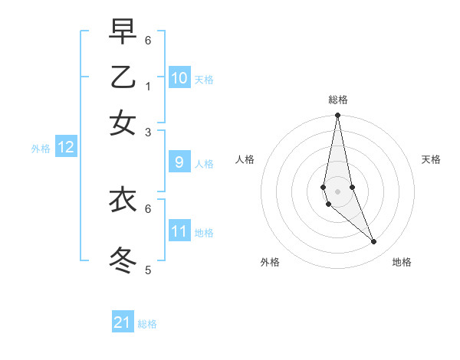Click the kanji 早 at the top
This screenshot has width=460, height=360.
123,32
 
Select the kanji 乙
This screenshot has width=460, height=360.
123,77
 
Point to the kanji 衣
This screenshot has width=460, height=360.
123,200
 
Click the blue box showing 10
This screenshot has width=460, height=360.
179,77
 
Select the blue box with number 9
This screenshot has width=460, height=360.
179,162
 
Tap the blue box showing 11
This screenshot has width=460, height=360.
179,231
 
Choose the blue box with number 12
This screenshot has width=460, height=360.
66,148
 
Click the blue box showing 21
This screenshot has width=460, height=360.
123,322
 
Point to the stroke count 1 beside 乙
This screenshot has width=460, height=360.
148,86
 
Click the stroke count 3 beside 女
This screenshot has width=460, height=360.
148,132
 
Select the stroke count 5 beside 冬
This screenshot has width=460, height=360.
148,270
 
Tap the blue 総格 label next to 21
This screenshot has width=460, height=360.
147,324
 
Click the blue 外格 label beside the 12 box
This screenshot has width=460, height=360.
41,149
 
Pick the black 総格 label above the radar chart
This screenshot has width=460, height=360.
337,100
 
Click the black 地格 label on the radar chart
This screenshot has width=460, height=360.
402,262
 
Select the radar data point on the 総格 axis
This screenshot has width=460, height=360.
337,116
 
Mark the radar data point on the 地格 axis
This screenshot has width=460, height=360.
374,242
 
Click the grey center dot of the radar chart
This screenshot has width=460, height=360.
337,191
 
